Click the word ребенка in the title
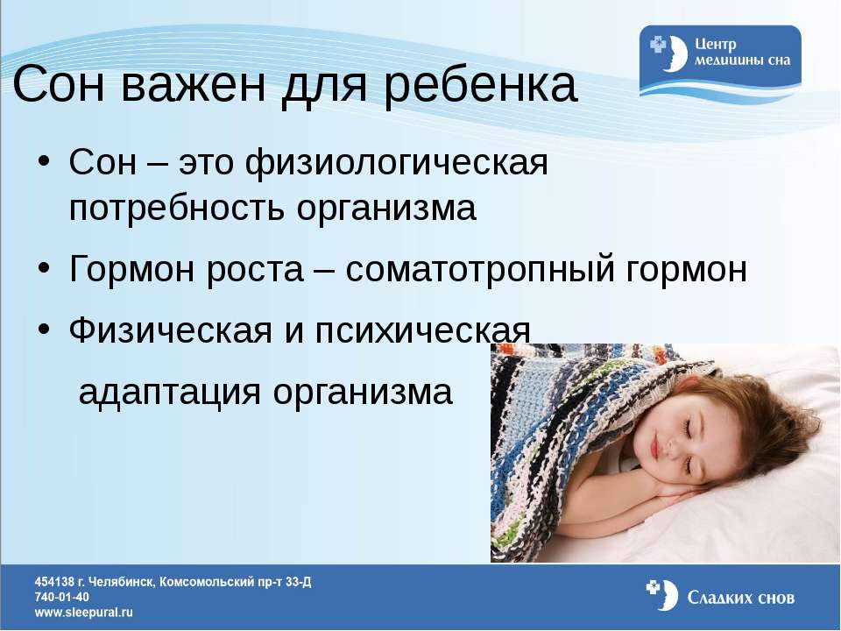point(480,85)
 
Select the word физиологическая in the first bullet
point(397,162)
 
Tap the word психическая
point(422,330)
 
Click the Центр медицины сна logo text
point(742,52)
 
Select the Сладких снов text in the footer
point(741,597)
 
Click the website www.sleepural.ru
point(84,613)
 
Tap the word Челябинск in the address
point(122,582)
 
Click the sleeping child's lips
point(654,443)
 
